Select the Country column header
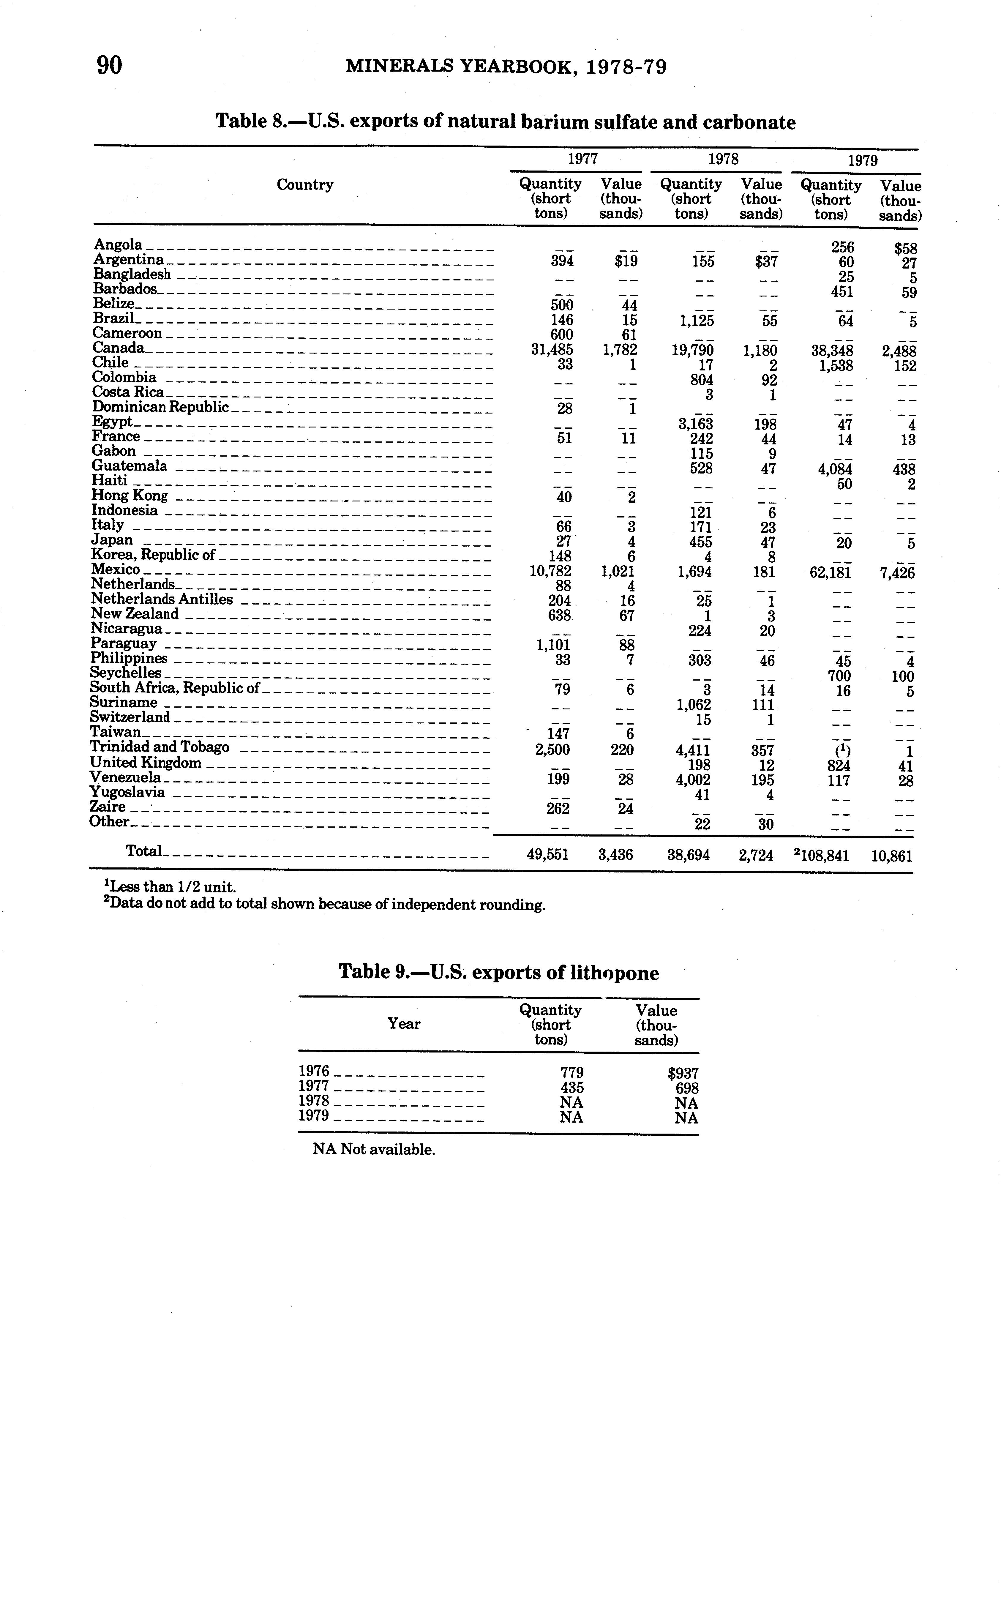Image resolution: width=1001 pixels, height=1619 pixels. tap(304, 185)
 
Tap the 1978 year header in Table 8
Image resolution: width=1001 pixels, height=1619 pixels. tap(723, 159)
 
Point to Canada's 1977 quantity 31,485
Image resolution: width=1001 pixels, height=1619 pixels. tap(552, 349)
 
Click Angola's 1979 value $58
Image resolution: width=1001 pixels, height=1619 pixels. tap(905, 249)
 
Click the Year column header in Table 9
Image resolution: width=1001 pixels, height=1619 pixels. tap(404, 1024)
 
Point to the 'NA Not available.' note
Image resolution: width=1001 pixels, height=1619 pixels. tap(374, 1149)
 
